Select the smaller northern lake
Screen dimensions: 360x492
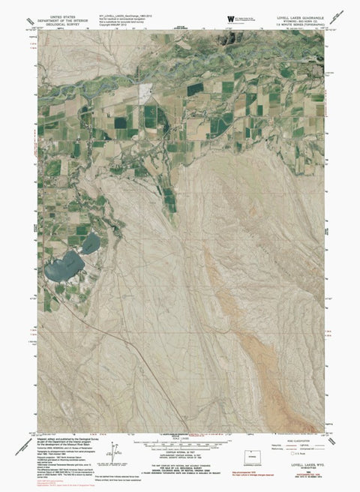point(90,242)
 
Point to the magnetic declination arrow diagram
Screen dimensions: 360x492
point(114,450)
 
